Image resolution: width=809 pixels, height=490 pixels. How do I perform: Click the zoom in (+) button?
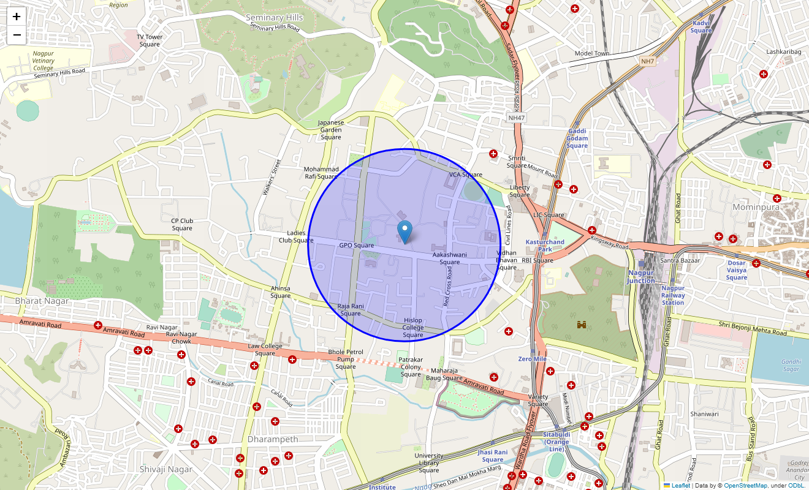tap(17, 17)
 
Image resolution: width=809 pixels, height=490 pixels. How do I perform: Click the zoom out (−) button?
tap(17, 35)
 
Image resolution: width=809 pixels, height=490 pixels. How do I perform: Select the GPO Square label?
tap(356, 246)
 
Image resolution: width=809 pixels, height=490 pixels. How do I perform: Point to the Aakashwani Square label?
tap(449, 258)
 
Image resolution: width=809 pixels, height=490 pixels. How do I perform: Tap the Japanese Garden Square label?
tap(331, 130)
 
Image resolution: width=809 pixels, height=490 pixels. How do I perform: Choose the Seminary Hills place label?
tap(274, 17)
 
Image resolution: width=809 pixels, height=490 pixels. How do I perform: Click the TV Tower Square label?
tap(150, 40)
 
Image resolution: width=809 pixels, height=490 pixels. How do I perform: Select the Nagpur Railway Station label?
tap(673, 295)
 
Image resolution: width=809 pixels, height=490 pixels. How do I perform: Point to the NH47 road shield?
tap(517, 118)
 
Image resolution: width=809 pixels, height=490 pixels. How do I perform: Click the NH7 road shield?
tap(648, 61)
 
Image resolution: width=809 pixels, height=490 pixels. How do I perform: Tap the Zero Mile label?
tap(532, 359)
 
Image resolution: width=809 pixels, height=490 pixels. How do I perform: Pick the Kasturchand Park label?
tap(545, 246)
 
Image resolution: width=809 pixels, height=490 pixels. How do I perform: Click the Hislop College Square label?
tap(413, 328)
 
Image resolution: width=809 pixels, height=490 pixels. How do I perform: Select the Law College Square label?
tap(265, 350)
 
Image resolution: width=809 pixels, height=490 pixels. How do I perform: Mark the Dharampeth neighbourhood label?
tap(273, 439)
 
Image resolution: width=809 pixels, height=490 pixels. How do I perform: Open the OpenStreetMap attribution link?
tap(745, 486)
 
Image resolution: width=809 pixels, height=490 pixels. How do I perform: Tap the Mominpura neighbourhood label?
tap(756, 207)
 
